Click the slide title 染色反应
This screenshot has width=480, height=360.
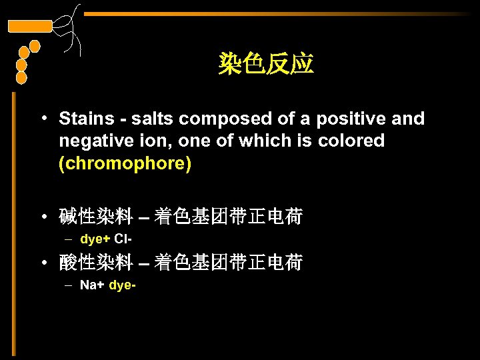point(266,65)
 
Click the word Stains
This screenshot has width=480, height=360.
point(87,119)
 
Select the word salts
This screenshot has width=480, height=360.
point(153,119)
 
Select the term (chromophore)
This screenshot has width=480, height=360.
point(125,164)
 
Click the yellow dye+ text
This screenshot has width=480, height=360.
point(95,239)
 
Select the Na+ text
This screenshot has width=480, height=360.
point(91,285)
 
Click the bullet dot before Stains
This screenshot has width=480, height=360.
point(42,119)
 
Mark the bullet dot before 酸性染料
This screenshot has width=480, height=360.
point(42,264)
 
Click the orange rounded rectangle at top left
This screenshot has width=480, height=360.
point(29,26)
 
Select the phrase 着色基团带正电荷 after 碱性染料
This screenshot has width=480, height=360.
point(228,217)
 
